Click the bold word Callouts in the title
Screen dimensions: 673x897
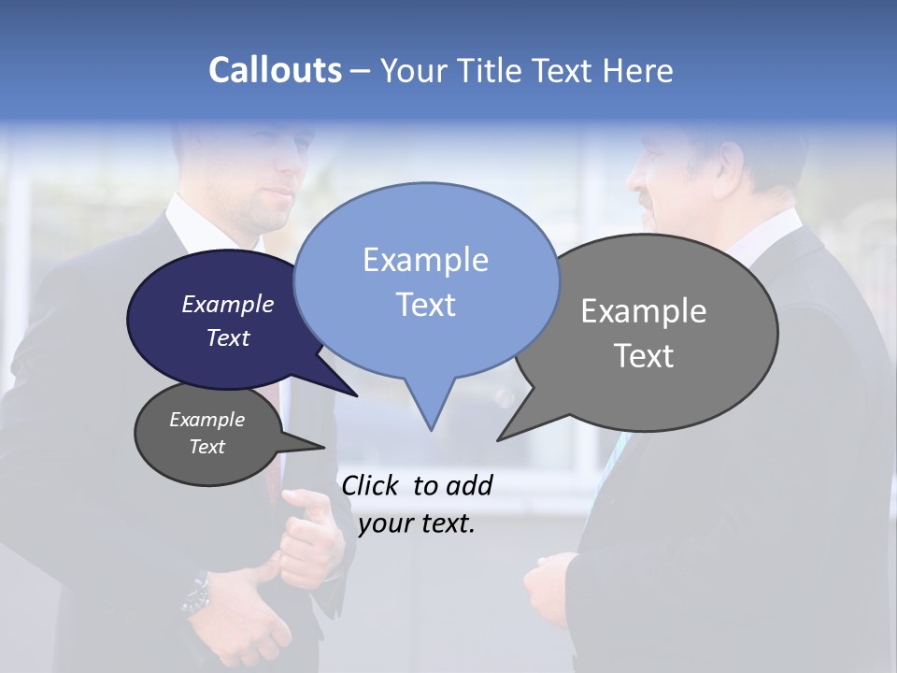pos(275,70)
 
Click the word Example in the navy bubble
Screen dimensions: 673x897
pos(227,304)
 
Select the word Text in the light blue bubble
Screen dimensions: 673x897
pos(426,305)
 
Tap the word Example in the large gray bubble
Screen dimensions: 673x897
pos(644,311)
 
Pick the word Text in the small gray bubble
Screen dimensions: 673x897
pos(206,447)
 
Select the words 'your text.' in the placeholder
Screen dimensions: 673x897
pos(417,523)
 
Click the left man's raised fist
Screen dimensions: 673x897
pos(308,537)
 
